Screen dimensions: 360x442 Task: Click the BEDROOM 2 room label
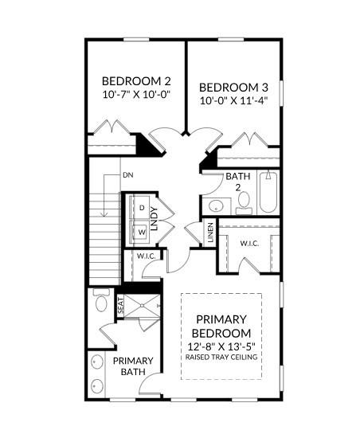pos(136,81)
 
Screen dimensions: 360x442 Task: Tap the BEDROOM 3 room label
pos(233,88)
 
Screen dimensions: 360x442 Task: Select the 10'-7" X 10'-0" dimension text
pos(137,94)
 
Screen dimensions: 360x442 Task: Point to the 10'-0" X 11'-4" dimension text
pos(233,100)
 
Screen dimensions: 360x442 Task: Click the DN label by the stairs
pos(128,175)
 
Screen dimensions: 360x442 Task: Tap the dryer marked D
pos(142,208)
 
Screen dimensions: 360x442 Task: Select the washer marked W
pos(142,232)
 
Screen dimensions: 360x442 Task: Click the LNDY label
pos(154,219)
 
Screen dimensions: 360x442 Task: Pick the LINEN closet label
pos(210,233)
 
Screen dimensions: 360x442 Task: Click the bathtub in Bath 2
pos(268,192)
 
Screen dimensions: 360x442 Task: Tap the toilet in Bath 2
pos(244,202)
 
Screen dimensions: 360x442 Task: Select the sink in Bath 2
pos(216,205)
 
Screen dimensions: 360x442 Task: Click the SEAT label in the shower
pos(120,306)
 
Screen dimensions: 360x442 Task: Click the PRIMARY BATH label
pos(133,366)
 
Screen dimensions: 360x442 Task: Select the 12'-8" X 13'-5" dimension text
pos(221,346)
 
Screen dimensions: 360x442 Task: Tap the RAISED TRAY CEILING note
pos(221,357)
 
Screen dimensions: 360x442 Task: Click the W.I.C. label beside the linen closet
pos(249,243)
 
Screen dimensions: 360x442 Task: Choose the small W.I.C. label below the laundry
pos(147,256)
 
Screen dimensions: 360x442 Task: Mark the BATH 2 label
pos(238,182)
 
